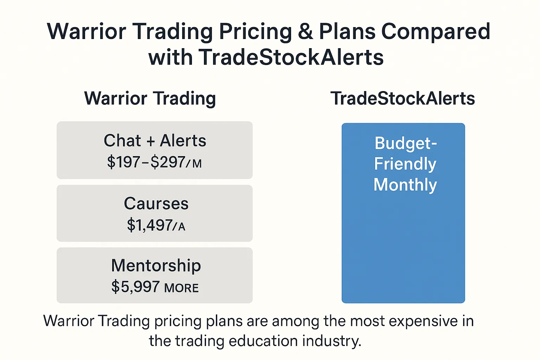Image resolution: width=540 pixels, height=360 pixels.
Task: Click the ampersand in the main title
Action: [x=306, y=31]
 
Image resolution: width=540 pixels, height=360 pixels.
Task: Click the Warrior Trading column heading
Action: [x=150, y=99]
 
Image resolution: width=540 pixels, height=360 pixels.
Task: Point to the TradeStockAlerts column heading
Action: [x=403, y=98]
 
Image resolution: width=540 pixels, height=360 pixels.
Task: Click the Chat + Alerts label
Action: [x=155, y=140]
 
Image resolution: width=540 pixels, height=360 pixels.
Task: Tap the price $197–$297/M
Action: [x=154, y=162]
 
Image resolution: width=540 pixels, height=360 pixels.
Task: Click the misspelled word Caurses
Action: [x=156, y=204]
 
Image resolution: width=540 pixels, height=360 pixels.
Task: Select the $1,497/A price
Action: [x=156, y=225]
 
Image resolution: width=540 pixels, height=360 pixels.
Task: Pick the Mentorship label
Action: [x=156, y=266]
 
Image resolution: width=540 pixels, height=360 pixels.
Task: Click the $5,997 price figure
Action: [x=135, y=287]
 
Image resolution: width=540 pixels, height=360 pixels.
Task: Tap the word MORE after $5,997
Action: [x=181, y=288]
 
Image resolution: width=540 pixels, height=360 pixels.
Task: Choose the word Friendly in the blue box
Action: [x=405, y=164]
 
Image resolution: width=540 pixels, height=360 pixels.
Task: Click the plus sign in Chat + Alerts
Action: [x=150, y=141]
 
